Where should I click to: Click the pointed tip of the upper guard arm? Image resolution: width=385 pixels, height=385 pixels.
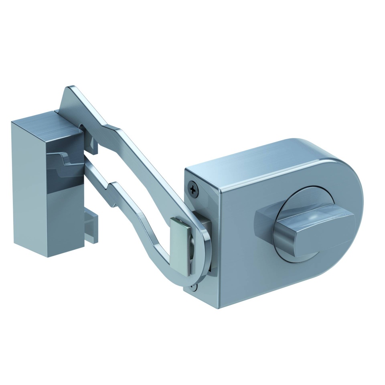pos(70,89)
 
